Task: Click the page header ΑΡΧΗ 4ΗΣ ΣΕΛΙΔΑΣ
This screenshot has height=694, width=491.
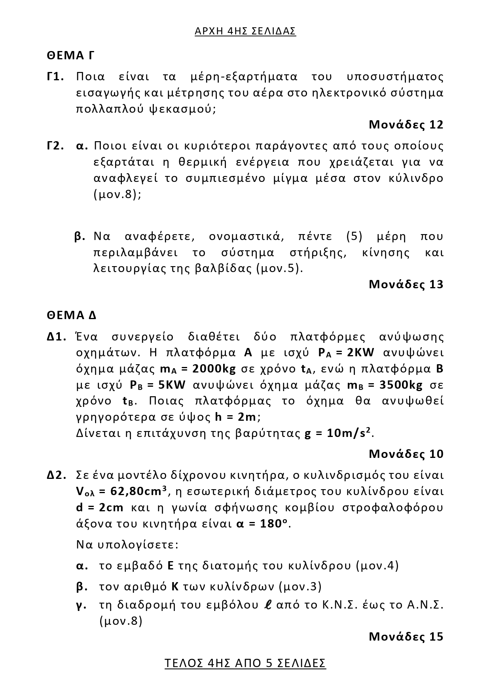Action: click(x=245, y=31)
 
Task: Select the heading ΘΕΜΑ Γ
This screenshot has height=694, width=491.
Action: click(x=70, y=55)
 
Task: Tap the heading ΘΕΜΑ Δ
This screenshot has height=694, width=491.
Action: click(x=72, y=315)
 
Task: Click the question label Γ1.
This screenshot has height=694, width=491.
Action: click(x=55, y=77)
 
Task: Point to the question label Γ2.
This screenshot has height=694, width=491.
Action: click(x=55, y=146)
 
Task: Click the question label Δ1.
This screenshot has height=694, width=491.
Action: click(x=56, y=337)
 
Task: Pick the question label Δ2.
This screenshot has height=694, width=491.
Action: click(x=56, y=475)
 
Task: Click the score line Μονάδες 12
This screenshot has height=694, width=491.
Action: click(x=406, y=125)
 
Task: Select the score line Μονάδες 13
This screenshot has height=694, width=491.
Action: click(x=406, y=284)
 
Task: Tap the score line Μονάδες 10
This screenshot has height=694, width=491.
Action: click(x=406, y=454)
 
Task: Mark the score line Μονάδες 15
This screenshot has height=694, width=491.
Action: click(x=406, y=636)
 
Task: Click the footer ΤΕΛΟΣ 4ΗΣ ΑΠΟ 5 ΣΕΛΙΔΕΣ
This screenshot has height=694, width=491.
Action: click(x=245, y=663)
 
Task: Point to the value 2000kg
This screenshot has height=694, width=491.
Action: click(x=214, y=369)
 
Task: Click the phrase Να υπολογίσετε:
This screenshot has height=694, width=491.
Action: click(x=127, y=545)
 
